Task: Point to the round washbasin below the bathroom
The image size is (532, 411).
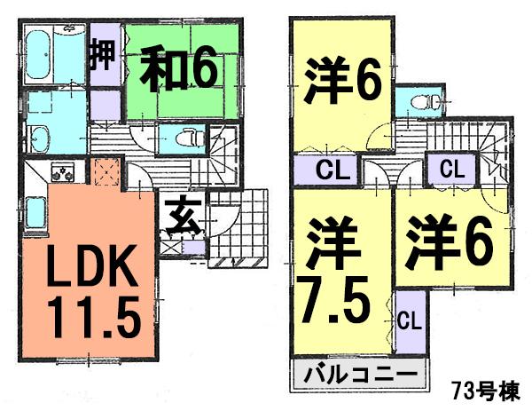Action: coord(40,137)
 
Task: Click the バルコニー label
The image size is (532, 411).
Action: coord(358,373)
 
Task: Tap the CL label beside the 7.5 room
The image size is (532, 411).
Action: coord(408,318)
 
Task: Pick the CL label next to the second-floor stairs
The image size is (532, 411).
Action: coord(450,167)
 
